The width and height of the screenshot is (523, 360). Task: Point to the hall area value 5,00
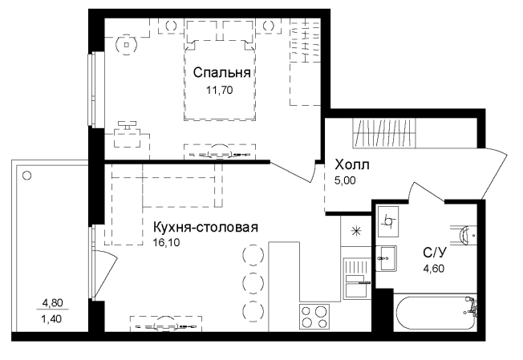tap(344, 180)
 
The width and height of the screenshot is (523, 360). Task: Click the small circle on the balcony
tap(27, 173)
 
